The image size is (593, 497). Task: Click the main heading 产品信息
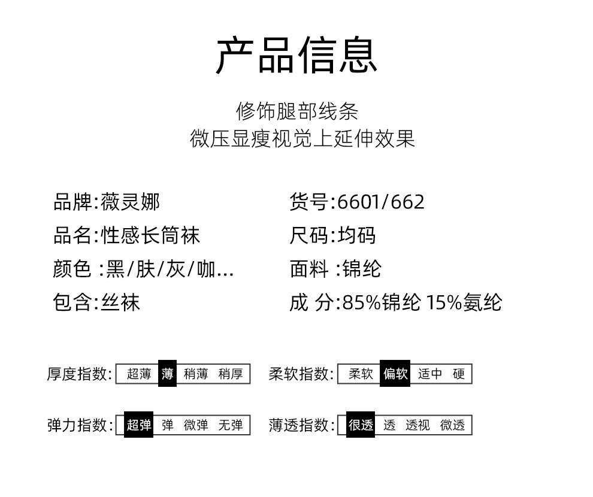(x=296, y=56)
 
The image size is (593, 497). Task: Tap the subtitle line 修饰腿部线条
(x=297, y=111)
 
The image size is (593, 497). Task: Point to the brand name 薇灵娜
(x=130, y=202)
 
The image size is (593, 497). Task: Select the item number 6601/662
(x=381, y=202)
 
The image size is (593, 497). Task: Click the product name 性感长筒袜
(x=150, y=235)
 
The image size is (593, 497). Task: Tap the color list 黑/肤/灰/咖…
(x=170, y=269)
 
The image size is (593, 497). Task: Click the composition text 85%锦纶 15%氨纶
(x=422, y=302)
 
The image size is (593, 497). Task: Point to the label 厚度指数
(x=78, y=374)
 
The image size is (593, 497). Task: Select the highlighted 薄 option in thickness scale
(x=167, y=374)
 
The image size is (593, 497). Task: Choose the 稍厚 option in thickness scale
(x=231, y=374)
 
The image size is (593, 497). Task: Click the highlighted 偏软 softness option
(x=395, y=374)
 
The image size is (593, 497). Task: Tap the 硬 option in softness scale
(x=459, y=374)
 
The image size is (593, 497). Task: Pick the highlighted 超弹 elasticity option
(x=139, y=425)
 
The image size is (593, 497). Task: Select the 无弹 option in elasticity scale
(x=231, y=425)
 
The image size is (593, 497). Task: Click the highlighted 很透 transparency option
(x=361, y=425)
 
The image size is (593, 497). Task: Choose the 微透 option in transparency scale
(x=452, y=425)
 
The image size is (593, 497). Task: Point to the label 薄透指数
(x=299, y=425)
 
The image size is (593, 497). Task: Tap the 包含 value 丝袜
(x=120, y=302)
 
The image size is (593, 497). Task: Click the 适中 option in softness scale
(x=430, y=374)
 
